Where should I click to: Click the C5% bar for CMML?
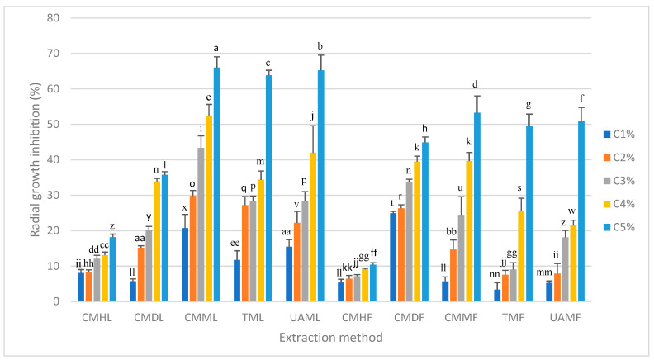pos(217,184)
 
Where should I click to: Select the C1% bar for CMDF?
pos(393,257)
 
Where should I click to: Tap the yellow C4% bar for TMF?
pos(521,256)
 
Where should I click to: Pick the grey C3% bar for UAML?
pos(306,251)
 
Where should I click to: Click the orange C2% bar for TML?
pos(245,253)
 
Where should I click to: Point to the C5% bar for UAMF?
pos(581,211)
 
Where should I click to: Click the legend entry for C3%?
pos(619,181)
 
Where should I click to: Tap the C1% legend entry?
pos(619,135)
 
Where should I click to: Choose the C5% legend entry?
pos(619,227)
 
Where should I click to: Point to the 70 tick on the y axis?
pos(53,54)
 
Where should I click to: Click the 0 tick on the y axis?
pos(56,301)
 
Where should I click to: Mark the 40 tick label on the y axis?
pos(53,159)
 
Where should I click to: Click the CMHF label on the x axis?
pos(357,317)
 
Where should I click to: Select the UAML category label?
pos(306,317)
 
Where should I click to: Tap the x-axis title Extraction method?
pos(331,337)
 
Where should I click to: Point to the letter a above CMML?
pos(216,49)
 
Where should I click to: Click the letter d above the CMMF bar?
pos(475,84)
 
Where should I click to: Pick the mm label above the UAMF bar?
pos(544,272)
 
